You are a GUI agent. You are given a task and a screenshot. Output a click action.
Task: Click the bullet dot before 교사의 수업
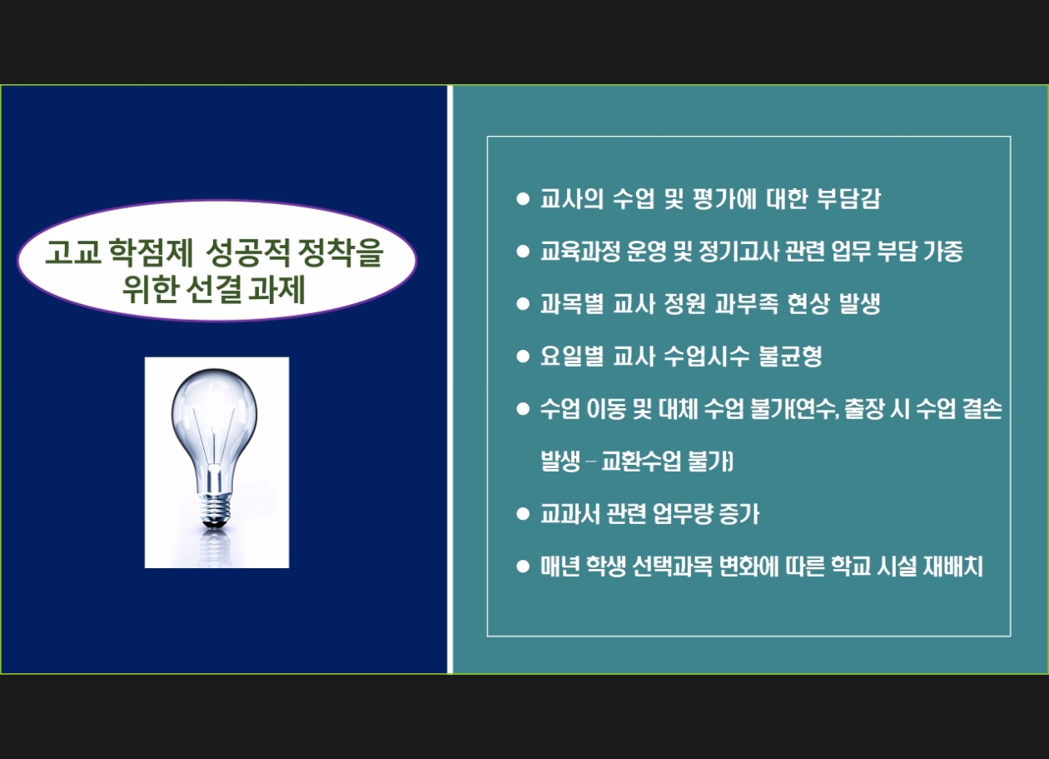523,198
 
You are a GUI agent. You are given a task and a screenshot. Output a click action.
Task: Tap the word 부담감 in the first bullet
848,198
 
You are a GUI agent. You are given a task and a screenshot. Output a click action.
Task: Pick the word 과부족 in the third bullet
747,303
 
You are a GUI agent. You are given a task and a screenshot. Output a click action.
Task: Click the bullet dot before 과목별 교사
523,304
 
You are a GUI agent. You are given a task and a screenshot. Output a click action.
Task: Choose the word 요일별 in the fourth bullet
572,356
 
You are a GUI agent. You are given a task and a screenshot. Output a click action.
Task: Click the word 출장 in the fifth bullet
863,408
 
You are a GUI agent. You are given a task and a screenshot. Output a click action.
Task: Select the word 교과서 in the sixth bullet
570,513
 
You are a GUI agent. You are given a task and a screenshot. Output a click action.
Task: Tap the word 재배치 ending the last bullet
953,566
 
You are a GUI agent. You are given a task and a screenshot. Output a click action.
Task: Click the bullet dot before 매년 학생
523,567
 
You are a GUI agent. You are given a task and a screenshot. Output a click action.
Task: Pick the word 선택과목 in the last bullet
673,566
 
